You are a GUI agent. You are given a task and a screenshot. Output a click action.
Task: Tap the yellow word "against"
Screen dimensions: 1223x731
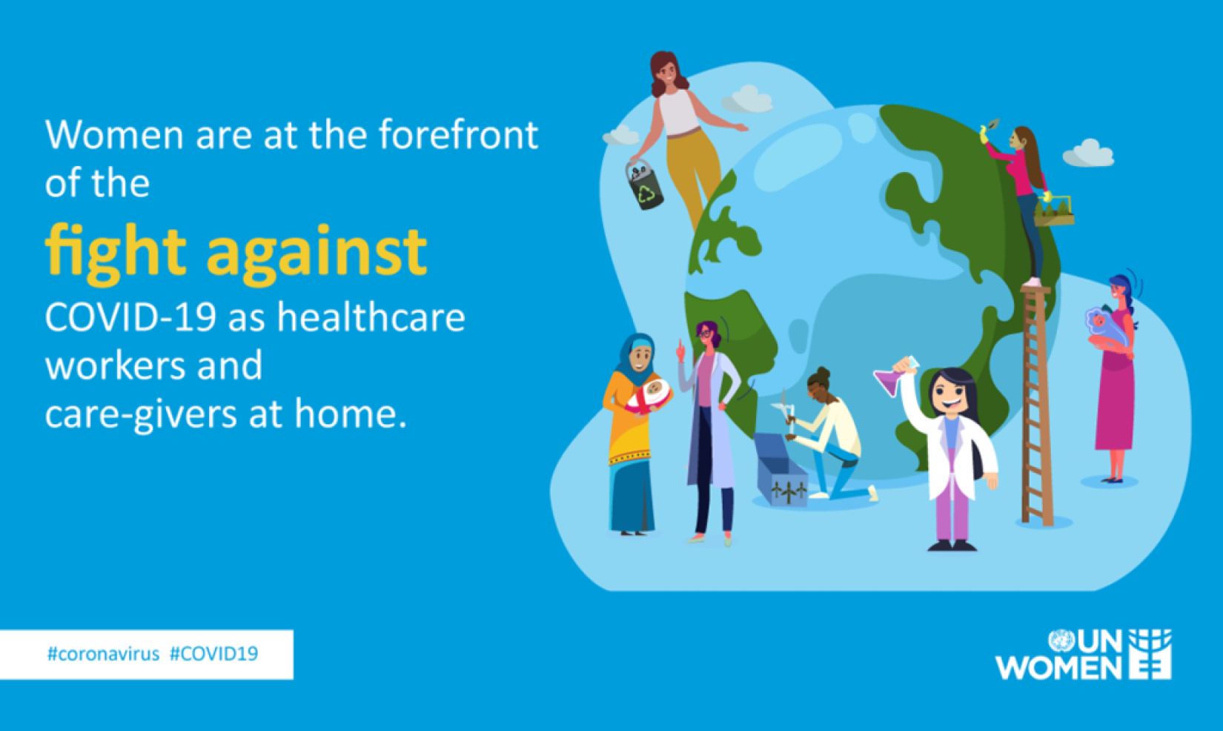tap(316, 254)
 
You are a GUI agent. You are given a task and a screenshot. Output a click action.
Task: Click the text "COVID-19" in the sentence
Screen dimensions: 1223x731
tap(130, 317)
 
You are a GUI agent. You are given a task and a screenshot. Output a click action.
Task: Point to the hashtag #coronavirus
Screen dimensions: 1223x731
tap(104, 653)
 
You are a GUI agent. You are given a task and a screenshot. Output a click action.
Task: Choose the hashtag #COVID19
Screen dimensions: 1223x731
tap(214, 653)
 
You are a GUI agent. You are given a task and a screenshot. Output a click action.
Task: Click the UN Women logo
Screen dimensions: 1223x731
tap(1083, 654)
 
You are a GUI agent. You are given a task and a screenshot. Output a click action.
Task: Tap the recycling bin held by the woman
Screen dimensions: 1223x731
tap(644, 185)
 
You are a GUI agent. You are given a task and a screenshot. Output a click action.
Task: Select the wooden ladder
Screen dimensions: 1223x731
tap(1036, 404)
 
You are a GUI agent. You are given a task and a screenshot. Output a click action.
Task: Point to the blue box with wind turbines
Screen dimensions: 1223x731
tap(780, 469)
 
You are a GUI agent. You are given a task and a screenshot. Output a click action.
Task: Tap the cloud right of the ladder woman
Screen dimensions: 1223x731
tap(1089, 153)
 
